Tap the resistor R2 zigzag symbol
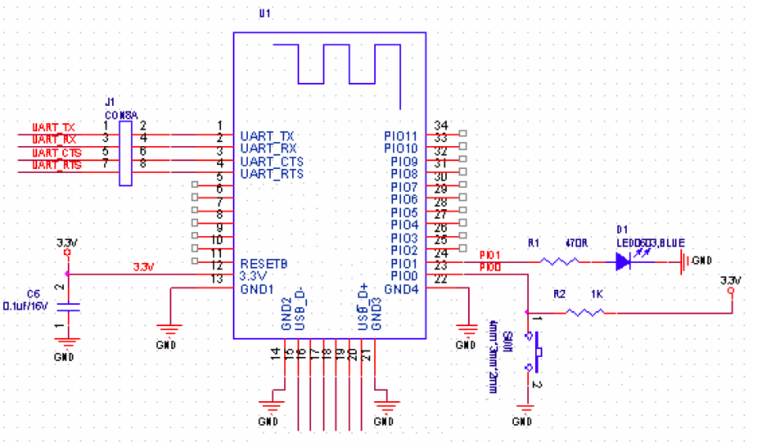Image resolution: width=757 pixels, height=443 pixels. (585, 313)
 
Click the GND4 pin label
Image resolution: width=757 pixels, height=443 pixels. (403, 288)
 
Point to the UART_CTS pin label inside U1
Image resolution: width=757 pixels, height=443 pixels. (272, 161)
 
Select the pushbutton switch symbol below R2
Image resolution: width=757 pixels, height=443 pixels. (538, 352)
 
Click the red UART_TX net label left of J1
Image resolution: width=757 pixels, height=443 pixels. (54, 127)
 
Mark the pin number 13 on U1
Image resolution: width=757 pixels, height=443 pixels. (217, 279)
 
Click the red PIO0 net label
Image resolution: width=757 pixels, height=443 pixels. (489, 268)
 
